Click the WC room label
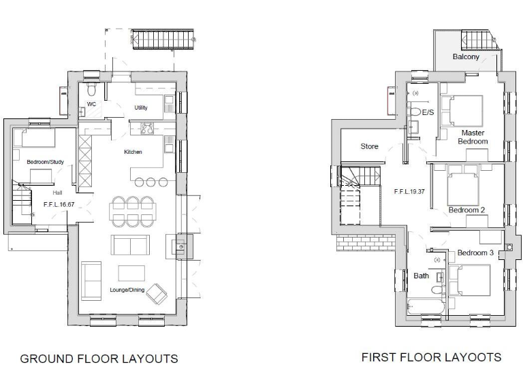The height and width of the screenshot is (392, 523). click(91, 104)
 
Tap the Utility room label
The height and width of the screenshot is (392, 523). click(141, 108)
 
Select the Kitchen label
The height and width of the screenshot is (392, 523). click(133, 152)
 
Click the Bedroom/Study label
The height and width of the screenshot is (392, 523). click(40, 163)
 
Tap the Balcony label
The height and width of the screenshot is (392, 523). click(466, 56)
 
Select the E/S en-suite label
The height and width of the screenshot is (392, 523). click(428, 112)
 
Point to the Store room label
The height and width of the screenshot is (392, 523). click(369, 146)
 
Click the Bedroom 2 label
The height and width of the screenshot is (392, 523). click(466, 210)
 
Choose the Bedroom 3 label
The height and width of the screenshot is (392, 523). click(475, 252)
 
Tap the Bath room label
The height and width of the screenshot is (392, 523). click(421, 276)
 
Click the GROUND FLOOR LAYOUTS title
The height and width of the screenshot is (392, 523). click(99, 359)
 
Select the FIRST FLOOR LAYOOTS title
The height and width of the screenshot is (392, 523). click(431, 357)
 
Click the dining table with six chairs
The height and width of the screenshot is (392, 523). click(132, 211)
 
